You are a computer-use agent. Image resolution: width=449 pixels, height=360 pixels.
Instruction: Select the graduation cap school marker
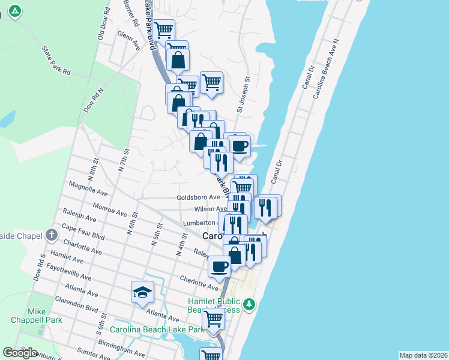143,293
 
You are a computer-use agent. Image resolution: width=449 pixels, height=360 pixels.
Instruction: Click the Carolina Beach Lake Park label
157,329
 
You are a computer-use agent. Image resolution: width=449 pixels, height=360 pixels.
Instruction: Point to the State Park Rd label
56,61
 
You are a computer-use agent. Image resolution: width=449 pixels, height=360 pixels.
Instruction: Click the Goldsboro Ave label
198,197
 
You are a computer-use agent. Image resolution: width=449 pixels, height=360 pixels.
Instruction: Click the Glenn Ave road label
130,41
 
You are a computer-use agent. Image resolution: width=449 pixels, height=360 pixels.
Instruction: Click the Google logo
20,353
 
